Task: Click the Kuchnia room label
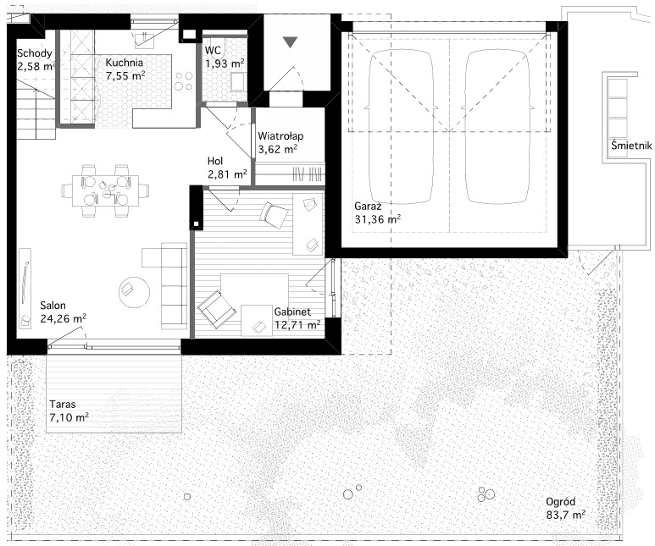(124, 63)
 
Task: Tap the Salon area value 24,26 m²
(63, 318)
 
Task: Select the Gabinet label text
(292, 312)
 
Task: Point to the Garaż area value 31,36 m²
(378, 218)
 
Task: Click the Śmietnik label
(631, 146)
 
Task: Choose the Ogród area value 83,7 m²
(566, 516)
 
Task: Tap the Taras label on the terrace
(63, 404)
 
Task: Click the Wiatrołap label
(280, 136)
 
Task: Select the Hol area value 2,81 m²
(227, 174)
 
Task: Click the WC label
(213, 51)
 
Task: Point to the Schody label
(34, 53)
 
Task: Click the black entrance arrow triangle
(290, 42)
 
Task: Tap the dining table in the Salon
(105, 190)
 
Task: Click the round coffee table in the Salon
(134, 292)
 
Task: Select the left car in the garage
(401, 127)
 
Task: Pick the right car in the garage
(498, 127)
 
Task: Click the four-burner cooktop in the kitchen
(184, 81)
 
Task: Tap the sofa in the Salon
(174, 287)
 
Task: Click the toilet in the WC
(238, 82)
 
